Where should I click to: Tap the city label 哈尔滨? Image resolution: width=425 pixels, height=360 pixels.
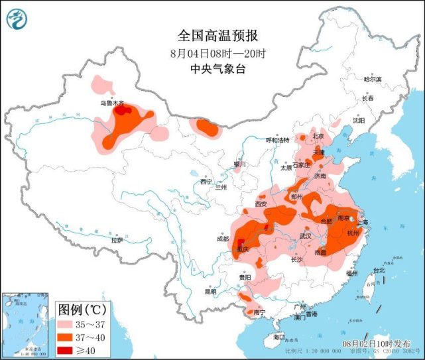coord(373,79)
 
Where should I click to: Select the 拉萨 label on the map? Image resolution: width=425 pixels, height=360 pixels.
coord(117,241)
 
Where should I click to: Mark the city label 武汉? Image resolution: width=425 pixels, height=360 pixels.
coord(305,236)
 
